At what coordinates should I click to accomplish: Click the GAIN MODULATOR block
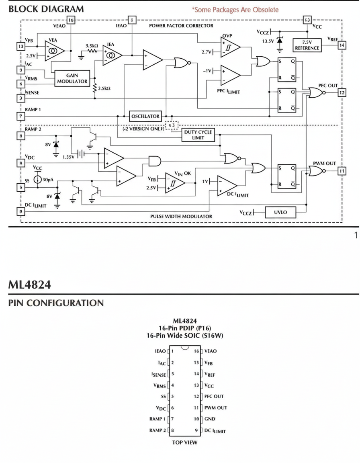pos(72,78)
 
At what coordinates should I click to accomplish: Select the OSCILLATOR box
pos(145,117)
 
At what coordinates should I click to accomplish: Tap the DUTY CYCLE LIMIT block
pos(198,135)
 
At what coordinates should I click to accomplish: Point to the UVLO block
pos(280,212)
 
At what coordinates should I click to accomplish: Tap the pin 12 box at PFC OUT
pos(342,93)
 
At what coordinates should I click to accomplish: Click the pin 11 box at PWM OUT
pos(342,171)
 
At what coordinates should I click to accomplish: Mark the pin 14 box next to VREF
pos(342,45)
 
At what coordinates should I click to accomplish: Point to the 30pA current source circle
pos(37,180)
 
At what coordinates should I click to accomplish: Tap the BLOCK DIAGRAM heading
pos(46,9)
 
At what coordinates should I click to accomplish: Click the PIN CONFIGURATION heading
pos(56,303)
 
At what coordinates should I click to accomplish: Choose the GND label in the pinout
pos(210,419)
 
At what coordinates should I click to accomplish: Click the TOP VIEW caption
pos(185,443)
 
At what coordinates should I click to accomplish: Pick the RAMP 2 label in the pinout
pos(157,430)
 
